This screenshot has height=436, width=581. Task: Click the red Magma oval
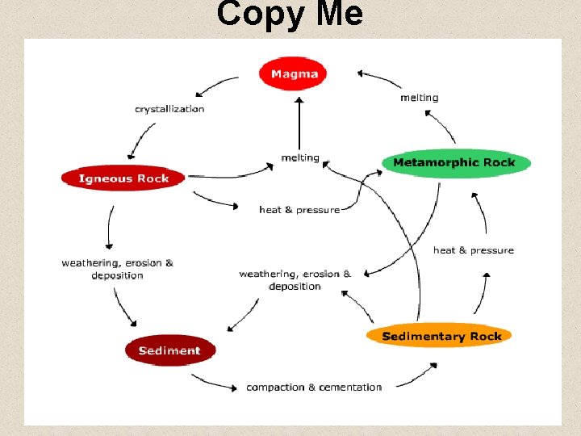pyautogui.click(x=293, y=74)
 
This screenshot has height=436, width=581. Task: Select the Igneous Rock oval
pyautogui.click(x=123, y=178)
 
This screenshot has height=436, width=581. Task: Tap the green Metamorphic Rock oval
pyautogui.click(x=454, y=163)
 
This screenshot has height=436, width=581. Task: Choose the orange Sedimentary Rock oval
pyautogui.click(x=441, y=336)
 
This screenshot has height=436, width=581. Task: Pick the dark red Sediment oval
pyautogui.click(x=169, y=350)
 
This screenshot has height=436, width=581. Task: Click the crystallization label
pyautogui.click(x=169, y=109)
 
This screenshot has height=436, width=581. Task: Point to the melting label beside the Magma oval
pyautogui.click(x=420, y=98)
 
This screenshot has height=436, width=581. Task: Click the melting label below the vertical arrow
pyautogui.click(x=300, y=158)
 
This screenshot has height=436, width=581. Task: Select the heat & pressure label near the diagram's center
pyautogui.click(x=299, y=210)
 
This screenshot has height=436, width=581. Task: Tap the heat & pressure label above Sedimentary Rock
pyautogui.click(x=474, y=250)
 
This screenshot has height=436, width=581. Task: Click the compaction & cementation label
pyautogui.click(x=314, y=388)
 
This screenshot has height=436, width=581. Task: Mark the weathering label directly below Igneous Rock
pyautogui.click(x=117, y=269)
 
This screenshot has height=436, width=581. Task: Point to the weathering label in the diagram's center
pyautogui.click(x=295, y=280)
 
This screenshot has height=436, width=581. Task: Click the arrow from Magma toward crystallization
pyautogui.click(x=214, y=84)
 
